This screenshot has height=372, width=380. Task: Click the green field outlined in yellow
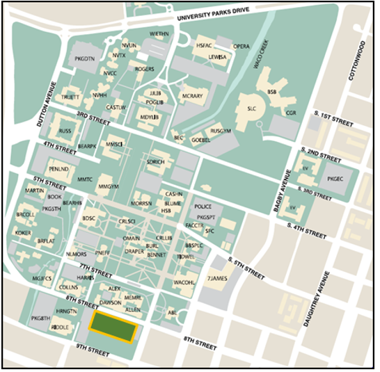113,327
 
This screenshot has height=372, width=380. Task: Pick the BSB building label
272,91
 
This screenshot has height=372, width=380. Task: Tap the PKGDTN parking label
84,59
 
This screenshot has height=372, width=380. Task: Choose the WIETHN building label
159,34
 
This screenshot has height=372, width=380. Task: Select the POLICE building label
203,207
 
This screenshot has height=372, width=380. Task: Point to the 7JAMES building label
217,279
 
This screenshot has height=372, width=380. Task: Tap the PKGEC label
335,179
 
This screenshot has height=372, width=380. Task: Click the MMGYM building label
109,186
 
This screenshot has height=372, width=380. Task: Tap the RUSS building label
65,131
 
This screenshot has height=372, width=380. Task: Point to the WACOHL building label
184,283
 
